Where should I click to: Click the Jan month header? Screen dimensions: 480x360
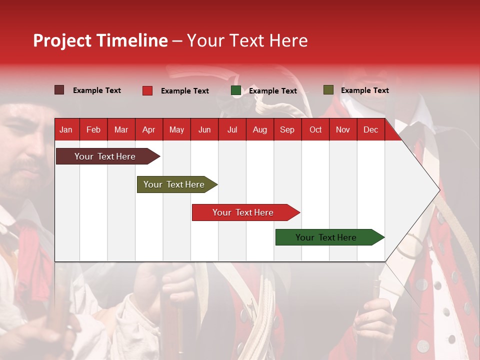[66, 130]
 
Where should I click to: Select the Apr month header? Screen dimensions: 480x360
[149, 130]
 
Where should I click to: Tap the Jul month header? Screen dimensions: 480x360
[232, 130]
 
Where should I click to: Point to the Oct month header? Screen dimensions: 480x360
[315, 130]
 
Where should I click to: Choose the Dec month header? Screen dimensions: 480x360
[370, 130]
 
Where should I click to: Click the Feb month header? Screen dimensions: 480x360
[93, 130]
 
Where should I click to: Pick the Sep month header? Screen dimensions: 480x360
[287, 130]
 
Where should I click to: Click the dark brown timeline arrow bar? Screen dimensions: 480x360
[108, 156]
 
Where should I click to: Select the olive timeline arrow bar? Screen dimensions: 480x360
[177, 184]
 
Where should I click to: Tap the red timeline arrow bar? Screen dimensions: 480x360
[246, 212]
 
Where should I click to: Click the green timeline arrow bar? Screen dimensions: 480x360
[330, 237]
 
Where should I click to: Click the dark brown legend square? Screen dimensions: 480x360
[59, 90]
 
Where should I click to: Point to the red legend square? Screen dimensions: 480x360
[147, 90]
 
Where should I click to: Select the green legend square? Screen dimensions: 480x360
[236, 90]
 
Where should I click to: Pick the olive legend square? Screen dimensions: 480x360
[328, 90]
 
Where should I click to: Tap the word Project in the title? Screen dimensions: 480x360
[62, 41]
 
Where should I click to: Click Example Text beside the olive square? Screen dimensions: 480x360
[365, 90]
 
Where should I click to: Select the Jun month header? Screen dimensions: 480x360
[204, 130]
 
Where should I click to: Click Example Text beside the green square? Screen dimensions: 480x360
[273, 91]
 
